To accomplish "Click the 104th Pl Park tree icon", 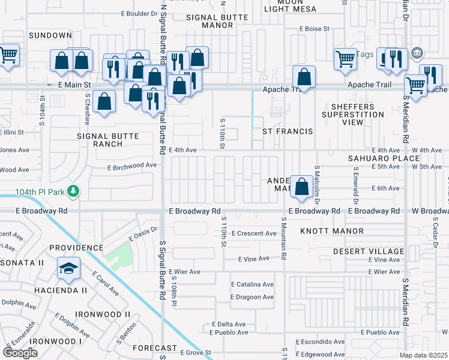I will coord(73,191).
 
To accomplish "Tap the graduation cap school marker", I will coord(69,268).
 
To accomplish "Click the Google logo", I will coord(20,352).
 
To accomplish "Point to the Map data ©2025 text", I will coord(424,355).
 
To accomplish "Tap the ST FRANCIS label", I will coord(288,131).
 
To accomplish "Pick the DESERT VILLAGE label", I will coord(368,251).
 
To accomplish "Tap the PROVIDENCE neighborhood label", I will coord(76,248).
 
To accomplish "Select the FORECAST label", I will coord(155,348).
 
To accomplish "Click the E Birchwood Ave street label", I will coord(132,166).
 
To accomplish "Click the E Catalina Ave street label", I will coord(252,284).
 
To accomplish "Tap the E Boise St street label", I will coord(315,28).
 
